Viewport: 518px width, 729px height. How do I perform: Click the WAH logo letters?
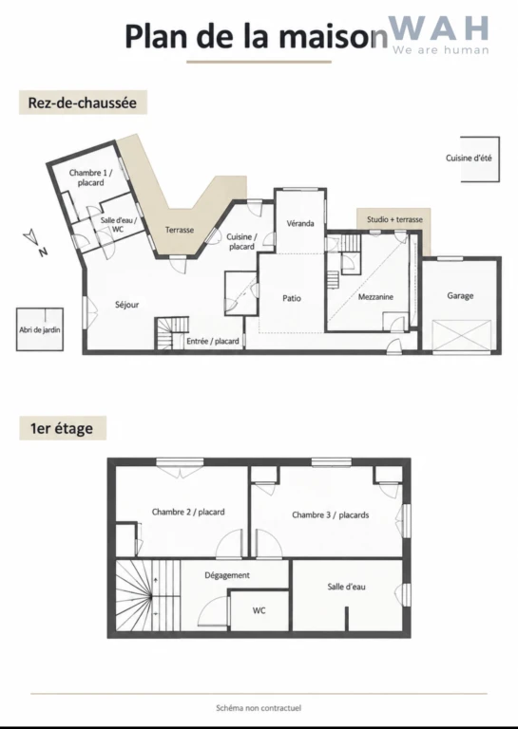[438, 28]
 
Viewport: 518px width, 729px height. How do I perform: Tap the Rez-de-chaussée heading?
[83, 103]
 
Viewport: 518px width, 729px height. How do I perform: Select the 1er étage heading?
[62, 428]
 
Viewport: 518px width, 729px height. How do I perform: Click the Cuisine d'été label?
[469, 159]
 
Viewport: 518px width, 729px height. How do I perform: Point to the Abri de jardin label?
[40, 329]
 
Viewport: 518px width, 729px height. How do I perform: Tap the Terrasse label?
[180, 230]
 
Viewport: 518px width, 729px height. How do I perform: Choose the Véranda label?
[300, 223]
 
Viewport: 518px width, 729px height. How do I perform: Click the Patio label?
[292, 298]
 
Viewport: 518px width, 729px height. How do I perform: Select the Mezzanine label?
[375, 296]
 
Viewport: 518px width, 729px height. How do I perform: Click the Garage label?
[460, 296]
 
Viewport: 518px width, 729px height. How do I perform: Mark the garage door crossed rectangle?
[462, 337]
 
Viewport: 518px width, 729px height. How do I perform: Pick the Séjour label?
[126, 305]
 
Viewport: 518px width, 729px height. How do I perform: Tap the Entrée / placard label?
[213, 342]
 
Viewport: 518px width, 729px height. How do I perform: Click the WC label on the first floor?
[259, 610]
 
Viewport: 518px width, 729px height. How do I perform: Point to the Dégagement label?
[227, 575]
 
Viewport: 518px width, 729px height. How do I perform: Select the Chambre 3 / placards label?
[331, 515]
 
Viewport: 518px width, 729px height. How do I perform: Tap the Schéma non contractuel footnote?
[259, 708]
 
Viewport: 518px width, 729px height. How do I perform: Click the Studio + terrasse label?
[394, 219]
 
